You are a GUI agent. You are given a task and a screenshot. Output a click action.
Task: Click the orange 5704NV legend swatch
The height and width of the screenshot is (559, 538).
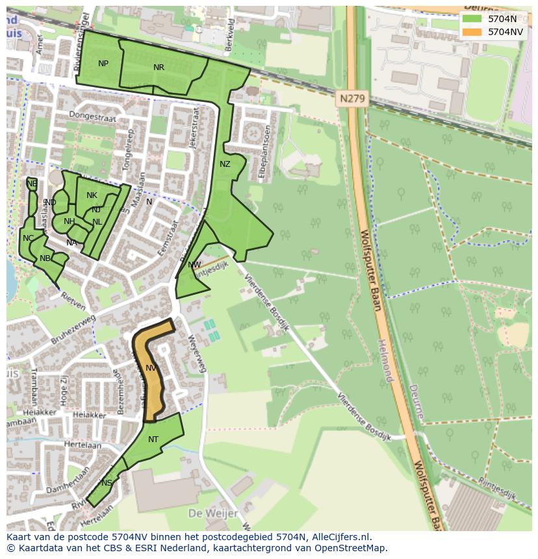click(472, 32)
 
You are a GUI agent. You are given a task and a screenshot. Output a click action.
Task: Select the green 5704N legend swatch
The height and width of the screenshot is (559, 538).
click(472, 19)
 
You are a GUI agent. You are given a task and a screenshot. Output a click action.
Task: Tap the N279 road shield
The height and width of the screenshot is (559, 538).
click(353, 99)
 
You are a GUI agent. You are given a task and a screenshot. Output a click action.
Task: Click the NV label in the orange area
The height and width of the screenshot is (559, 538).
click(151, 368)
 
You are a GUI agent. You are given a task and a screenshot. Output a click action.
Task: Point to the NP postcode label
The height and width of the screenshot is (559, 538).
click(103, 64)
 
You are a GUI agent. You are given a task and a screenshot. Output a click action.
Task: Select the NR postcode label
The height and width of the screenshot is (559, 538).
click(159, 68)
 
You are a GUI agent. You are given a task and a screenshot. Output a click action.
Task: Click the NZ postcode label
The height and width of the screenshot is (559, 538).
click(225, 164)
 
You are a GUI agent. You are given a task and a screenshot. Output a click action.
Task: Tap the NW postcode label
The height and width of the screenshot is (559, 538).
click(194, 265)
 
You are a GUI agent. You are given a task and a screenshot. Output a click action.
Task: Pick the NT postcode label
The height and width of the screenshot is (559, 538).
click(153, 440)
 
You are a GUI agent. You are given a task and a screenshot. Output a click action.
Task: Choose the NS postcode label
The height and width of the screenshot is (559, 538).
click(107, 483)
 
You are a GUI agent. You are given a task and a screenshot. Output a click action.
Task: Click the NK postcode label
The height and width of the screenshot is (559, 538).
click(92, 195)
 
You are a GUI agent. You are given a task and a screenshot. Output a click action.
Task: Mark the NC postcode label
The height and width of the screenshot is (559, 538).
click(28, 238)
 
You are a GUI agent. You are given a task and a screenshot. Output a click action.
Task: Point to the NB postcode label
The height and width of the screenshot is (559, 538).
click(45, 258)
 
